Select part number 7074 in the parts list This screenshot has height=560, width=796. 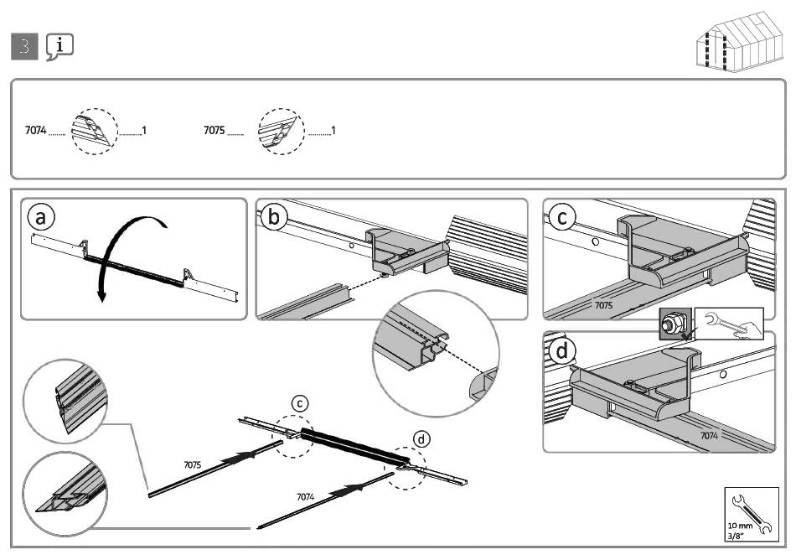(36, 132)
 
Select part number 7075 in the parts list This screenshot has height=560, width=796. (215, 132)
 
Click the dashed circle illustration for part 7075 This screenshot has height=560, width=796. (281, 132)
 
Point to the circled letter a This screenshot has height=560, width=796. (41, 216)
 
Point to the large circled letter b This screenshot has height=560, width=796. (275, 217)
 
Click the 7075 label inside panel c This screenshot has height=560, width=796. (603, 306)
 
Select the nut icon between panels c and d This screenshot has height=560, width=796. (672, 324)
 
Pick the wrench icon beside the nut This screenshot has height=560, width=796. (729, 323)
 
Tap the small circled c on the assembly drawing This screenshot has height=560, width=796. (300, 404)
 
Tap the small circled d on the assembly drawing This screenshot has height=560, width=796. (422, 438)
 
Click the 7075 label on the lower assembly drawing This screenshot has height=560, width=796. (193, 464)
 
